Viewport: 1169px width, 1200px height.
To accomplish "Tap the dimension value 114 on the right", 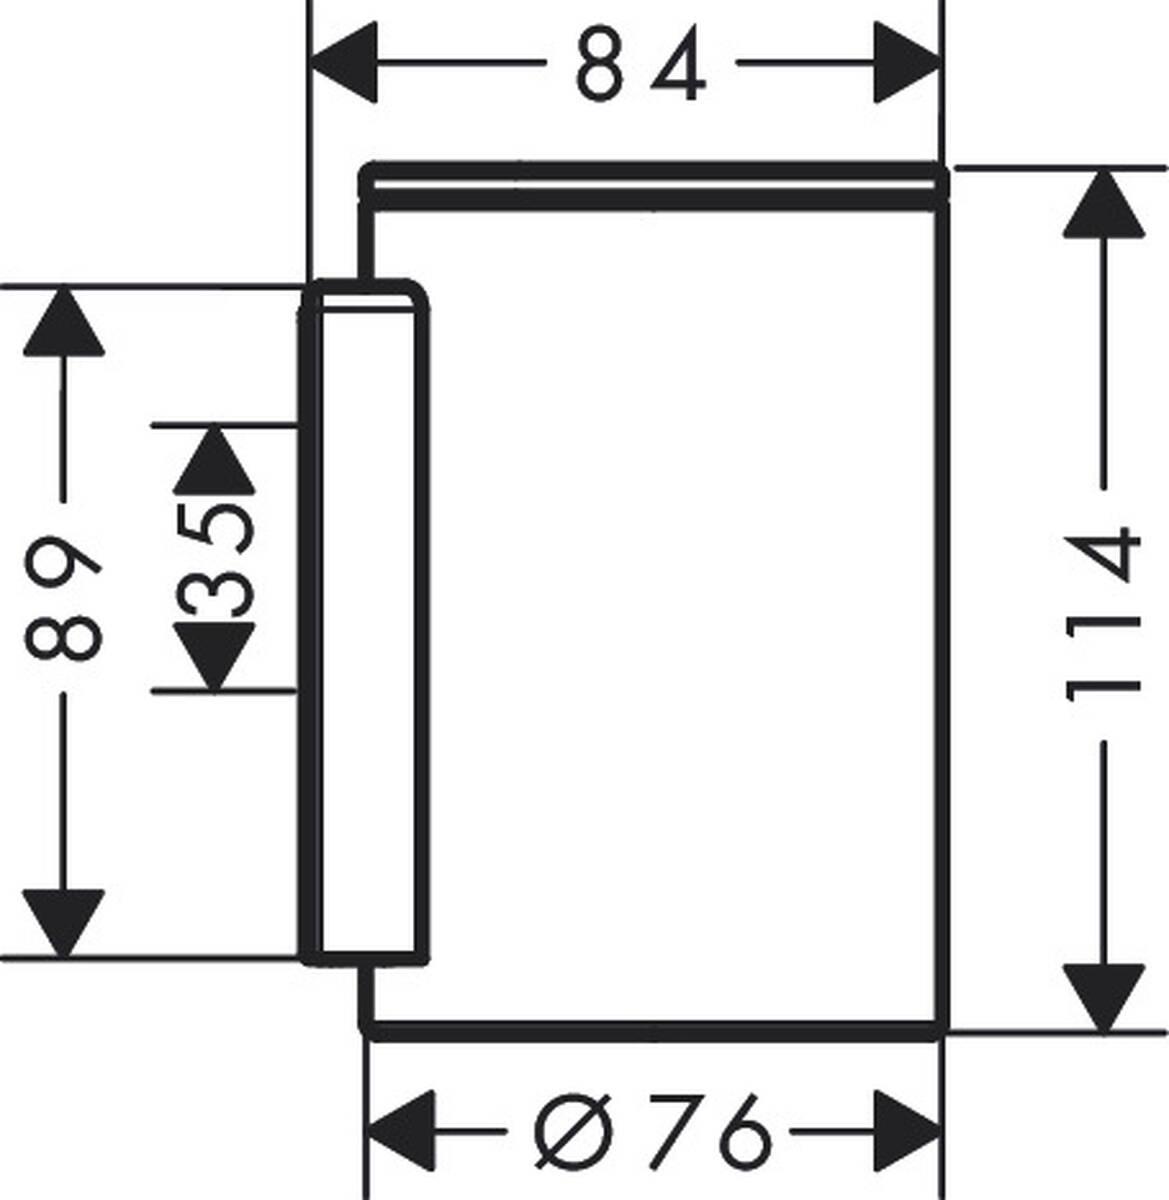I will click(x=1102, y=615).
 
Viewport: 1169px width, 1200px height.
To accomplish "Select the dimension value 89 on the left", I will click(x=63, y=597).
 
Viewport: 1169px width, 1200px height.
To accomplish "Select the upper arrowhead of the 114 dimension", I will click(x=1103, y=204).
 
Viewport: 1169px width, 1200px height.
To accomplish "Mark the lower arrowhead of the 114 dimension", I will click(x=1103, y=996).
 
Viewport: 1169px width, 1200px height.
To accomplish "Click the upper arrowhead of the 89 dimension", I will click(x=64, y=321).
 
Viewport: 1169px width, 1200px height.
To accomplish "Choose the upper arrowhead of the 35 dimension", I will click(x=213, y=459).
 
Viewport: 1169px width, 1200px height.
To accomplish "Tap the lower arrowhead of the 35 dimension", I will click(x=213, y=656).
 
